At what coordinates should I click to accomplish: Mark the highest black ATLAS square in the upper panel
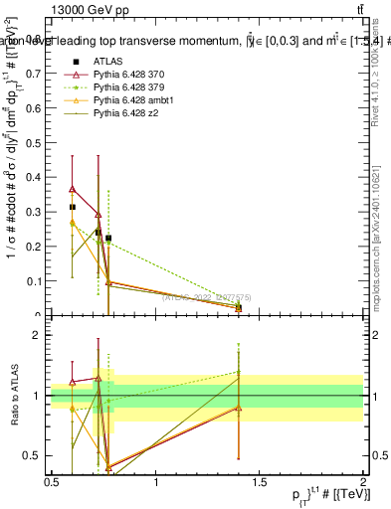pos(73,207)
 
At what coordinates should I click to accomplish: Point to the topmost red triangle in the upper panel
pos(73,189)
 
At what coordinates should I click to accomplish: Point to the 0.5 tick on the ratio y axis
pos(35,455)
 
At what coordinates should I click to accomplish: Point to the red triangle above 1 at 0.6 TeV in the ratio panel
pos(73,382)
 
